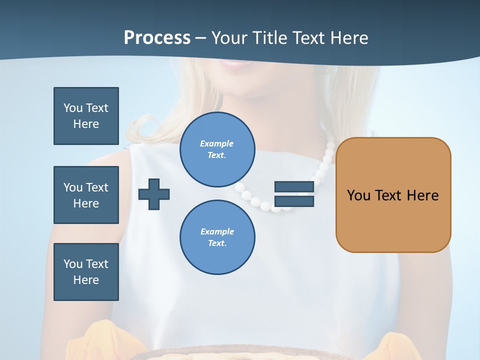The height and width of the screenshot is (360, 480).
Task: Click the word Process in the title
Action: (157, 38)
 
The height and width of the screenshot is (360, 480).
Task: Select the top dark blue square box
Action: (86, 116)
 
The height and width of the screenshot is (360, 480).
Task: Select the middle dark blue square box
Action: (86, 195)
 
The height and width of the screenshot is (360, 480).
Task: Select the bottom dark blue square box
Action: (86, 272)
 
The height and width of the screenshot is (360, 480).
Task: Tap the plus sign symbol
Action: (154, 194)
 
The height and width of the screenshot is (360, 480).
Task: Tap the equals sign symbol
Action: (294, 194)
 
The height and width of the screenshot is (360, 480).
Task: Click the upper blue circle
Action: (217, 149)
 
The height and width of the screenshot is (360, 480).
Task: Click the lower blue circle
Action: (217, 237)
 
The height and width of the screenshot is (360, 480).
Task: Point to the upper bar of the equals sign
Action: (294, 187)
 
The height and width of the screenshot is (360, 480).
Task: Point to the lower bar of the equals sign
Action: (294, 201)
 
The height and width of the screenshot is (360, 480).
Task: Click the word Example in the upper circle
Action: (217, 143)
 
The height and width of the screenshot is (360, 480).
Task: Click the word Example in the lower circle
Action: (217, 231)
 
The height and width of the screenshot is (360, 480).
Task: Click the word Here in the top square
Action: (86, 124)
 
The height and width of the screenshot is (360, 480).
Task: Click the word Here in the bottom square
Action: (86, 280)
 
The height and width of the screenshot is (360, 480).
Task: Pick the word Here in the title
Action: (349, 38)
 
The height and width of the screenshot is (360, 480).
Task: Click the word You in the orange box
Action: (358, 195)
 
